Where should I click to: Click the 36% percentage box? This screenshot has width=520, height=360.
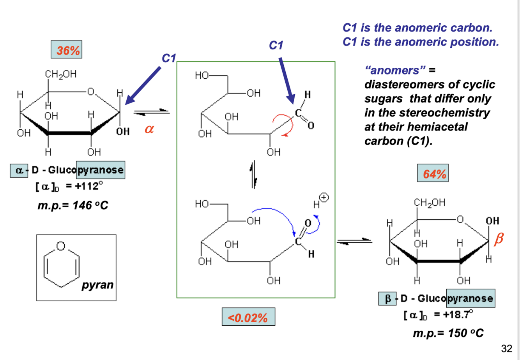click(66, 49)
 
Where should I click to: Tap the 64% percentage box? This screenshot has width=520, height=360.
click(433, 173)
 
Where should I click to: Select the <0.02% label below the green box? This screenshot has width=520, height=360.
click(248, 317)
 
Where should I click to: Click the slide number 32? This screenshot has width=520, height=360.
click(506, 349)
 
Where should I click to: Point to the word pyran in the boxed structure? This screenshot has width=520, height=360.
click(97, 285)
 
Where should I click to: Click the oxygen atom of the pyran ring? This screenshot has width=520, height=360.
click(61, 246)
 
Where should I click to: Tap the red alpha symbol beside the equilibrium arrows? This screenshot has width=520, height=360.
click(149, 129)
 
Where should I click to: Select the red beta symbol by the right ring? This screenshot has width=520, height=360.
click(499, 239)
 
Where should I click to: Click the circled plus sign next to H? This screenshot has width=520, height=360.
click(324, 198)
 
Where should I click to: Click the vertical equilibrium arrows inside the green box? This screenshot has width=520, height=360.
click(254, 175)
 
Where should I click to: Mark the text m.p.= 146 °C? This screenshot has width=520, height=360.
click(73, 205)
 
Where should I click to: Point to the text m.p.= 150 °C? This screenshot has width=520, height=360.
click(448, 334)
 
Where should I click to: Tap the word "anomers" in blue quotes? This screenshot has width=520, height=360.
click(395, 70)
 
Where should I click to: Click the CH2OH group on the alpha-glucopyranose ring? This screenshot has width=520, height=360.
click(60, 74)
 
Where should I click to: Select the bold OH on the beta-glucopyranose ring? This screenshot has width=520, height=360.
click(492, 221)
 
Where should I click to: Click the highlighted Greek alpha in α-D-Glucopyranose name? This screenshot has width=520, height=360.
click(19, 171)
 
